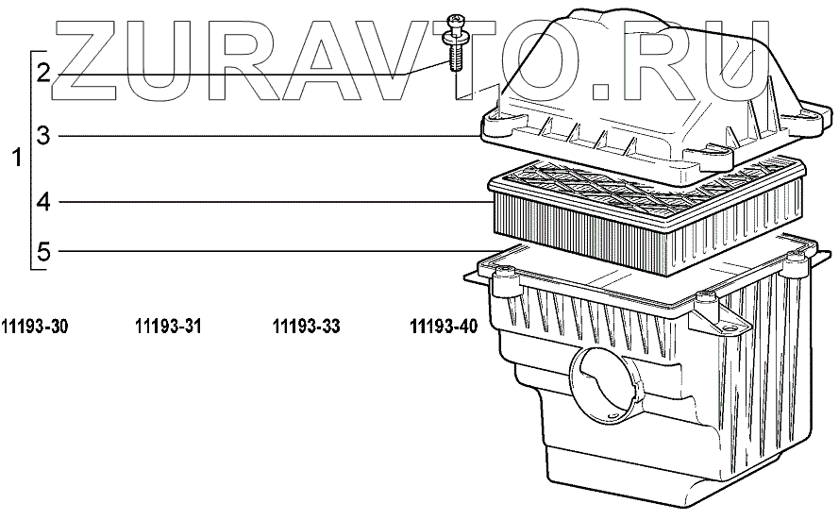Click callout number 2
pos(43,73)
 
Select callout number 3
pos(43,135)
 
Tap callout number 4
pos(43,202)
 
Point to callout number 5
pos(43,251)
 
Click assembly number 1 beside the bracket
pos(17,158)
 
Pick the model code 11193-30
pos(35,326)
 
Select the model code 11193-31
pos(168,326)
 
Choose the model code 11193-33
pos(306,326)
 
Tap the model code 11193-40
pos(444,326)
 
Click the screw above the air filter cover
pos(452,42)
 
